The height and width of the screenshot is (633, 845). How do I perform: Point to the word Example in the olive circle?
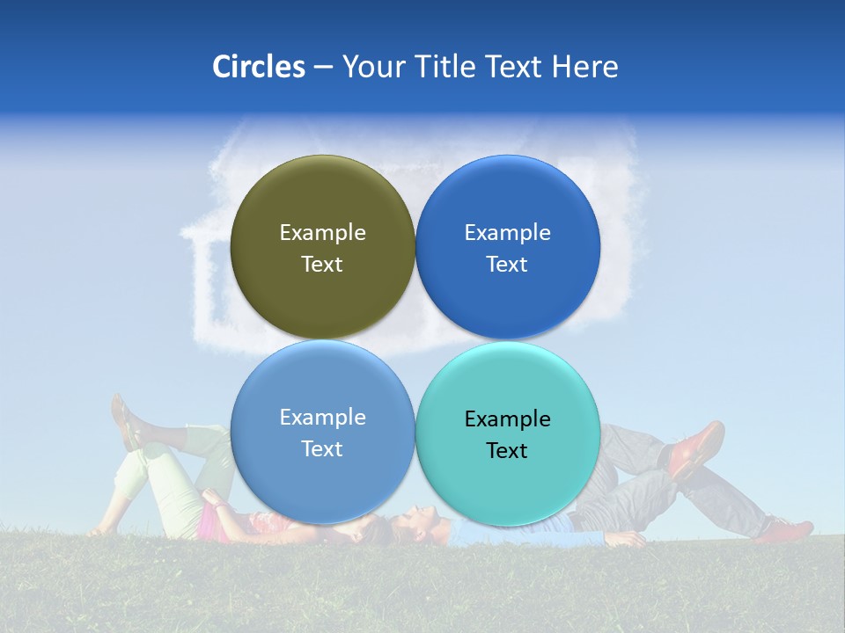pos(322,232)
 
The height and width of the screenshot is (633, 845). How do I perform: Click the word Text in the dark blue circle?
pos(507,265)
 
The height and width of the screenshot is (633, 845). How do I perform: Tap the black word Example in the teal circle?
pos(507,418)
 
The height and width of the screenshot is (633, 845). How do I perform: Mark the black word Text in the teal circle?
pos(507,451)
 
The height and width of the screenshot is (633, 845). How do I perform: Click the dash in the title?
pos(323,67)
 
